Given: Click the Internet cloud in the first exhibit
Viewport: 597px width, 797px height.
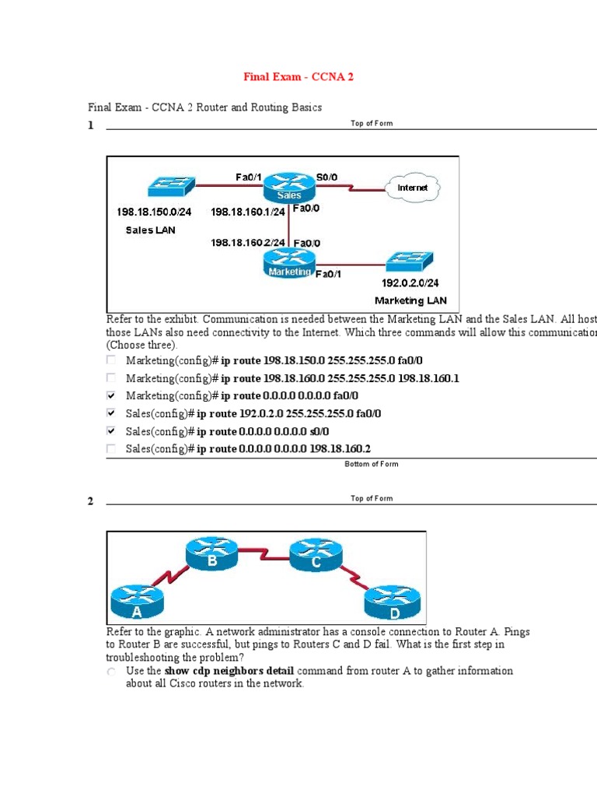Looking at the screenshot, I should coord(412,188).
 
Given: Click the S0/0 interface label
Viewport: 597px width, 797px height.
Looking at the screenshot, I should coord(326,177).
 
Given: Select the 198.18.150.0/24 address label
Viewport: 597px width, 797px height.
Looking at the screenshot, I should coord(154,212).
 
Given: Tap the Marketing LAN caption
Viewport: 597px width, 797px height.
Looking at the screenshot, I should coord(410,300).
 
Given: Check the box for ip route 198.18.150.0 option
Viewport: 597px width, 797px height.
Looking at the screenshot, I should coord(111,360).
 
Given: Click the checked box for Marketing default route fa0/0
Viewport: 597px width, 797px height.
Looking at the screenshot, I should coord(111,395).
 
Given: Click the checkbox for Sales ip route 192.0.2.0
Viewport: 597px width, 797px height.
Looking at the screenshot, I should coord(111,413).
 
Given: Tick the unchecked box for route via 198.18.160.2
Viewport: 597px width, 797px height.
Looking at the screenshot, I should coord(111,448).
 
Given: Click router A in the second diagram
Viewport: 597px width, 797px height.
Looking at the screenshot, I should coord(137,602).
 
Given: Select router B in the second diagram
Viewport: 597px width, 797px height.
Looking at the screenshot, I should coord(211,555).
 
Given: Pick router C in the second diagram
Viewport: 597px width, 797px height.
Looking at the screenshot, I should coord(315,555).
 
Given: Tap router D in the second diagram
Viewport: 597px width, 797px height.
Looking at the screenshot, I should coord(392,601).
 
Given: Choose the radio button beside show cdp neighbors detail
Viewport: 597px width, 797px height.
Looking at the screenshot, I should coord(111,671).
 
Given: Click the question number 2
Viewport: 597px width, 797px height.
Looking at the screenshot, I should coord(90,501).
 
